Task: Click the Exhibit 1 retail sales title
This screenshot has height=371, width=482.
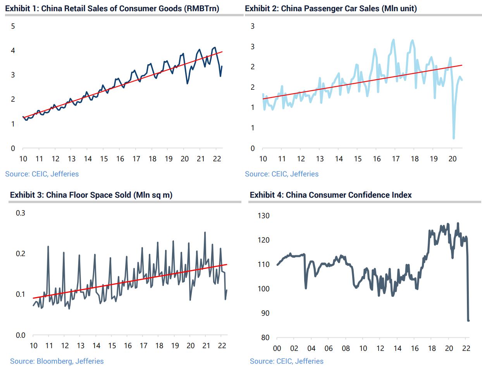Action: (112, 8)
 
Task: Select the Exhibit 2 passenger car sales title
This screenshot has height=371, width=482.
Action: (331, 8)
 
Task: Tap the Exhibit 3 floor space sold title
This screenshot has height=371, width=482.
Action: (91, 195)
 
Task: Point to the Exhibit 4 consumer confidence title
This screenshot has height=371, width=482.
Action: (331, 195)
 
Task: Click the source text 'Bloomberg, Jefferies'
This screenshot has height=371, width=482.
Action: (70, 361)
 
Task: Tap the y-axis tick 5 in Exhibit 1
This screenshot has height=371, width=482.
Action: (13, 26)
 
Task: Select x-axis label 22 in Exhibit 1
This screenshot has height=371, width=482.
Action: (217, 159)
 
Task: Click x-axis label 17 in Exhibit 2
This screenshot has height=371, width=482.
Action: (396, 159)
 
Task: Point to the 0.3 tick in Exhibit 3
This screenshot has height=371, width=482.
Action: (20, 213)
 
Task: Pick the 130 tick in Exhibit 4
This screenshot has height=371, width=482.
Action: (263, 215)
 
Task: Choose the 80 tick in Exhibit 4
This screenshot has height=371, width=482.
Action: (265, 337)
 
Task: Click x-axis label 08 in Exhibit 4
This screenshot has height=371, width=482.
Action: (346, 348)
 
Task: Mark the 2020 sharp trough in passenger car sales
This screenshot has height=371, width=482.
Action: (453, 138)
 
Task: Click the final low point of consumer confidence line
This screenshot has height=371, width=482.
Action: (468, 320)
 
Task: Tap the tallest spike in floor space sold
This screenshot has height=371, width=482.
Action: (205, 233)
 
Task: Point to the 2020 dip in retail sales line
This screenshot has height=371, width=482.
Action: (187, 83)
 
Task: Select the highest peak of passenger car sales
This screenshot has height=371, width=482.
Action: (393, 39)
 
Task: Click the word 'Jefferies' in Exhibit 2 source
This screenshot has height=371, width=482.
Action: (304, 174)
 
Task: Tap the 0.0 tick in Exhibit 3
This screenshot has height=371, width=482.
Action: (20, 335)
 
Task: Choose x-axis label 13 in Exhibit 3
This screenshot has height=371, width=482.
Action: (80, 345)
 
